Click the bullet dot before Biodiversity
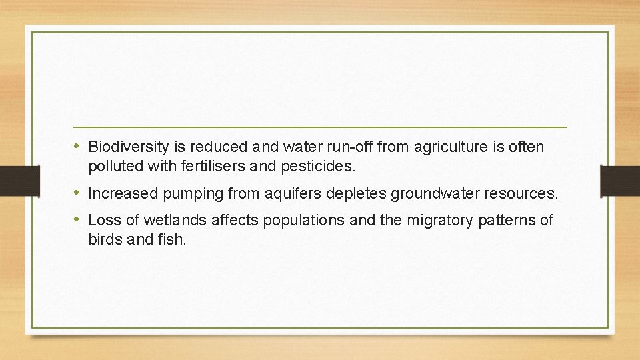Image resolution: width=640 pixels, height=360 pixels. point(78,146)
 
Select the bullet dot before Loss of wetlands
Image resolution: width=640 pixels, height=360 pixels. point(78,220)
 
